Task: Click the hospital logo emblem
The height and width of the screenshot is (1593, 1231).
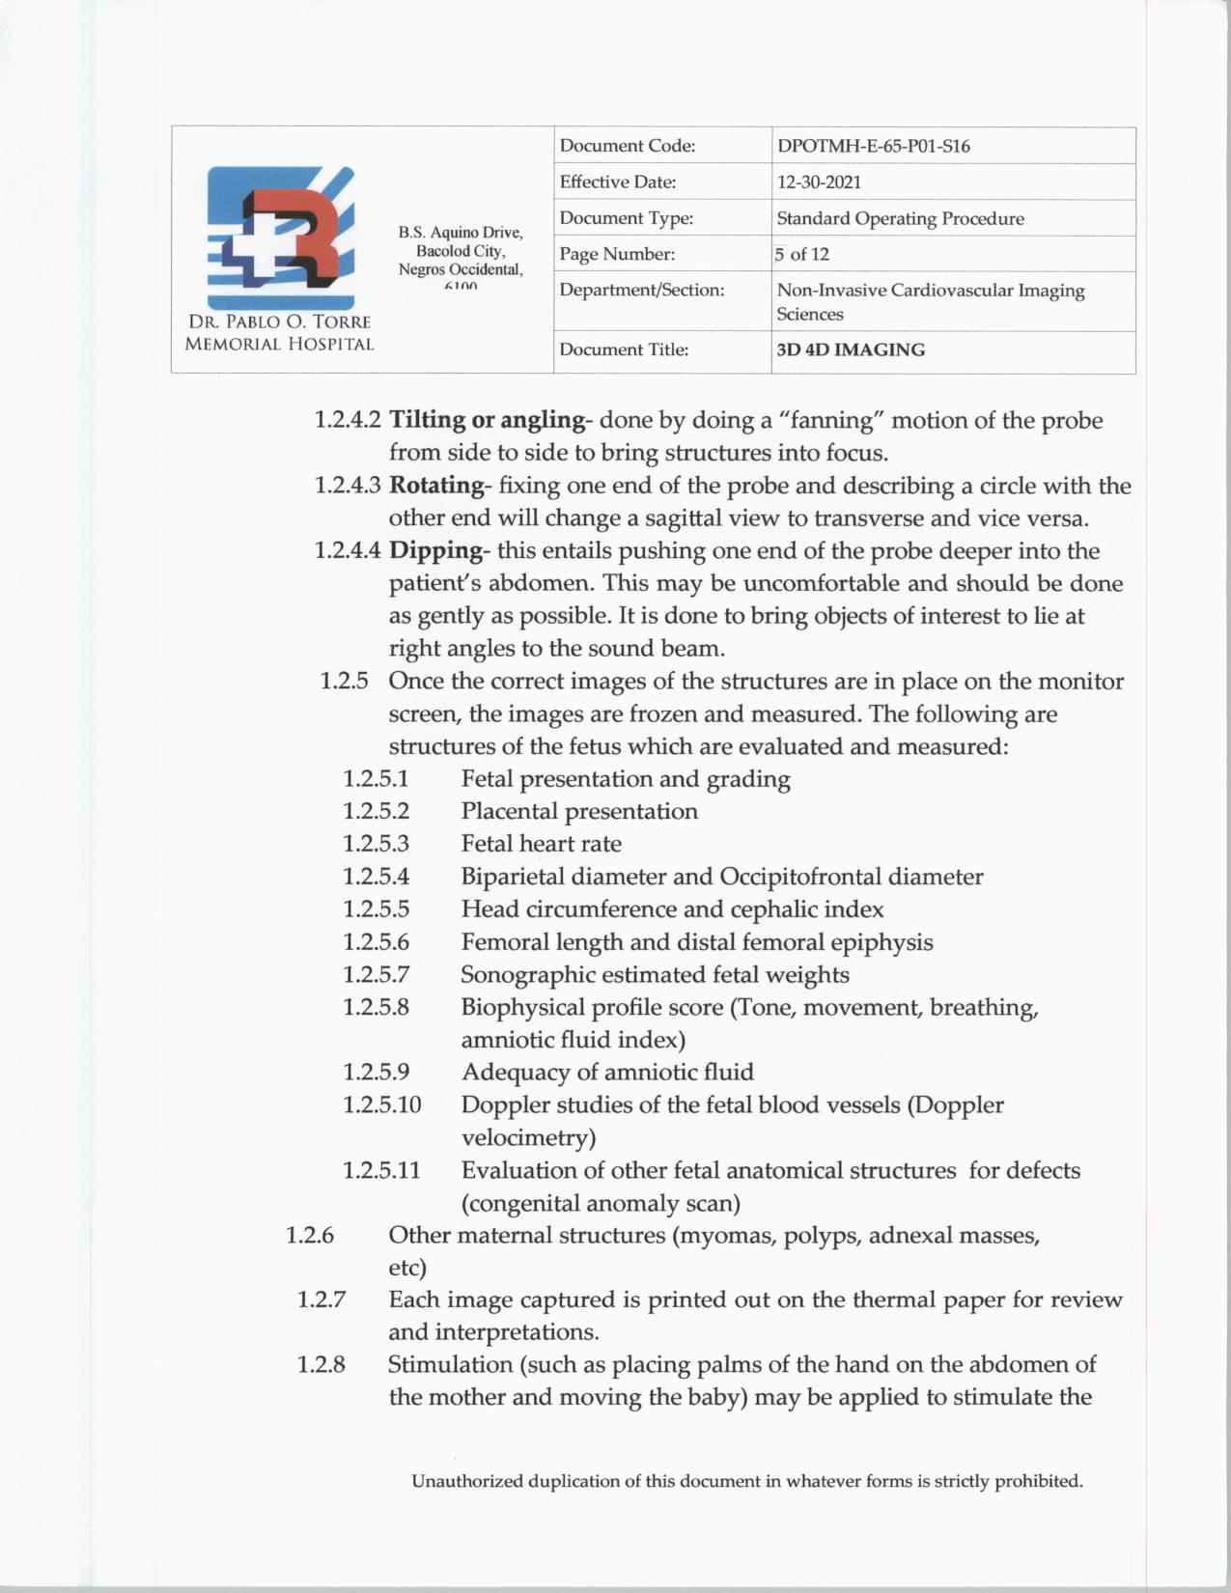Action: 280,238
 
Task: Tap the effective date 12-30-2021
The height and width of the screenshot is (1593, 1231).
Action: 819,182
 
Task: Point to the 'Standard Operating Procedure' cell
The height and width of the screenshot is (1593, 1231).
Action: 900,218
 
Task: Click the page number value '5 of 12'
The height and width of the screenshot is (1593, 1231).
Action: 802,254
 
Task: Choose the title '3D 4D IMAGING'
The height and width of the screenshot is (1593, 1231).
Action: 851,349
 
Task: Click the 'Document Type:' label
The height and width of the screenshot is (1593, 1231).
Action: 626,218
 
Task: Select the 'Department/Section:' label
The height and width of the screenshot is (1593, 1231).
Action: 641,290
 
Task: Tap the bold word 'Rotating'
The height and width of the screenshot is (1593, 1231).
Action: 435,485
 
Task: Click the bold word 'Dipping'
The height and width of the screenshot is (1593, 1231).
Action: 434,550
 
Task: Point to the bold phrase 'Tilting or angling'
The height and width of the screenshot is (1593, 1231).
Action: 487,420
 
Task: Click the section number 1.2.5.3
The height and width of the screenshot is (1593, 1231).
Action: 376,844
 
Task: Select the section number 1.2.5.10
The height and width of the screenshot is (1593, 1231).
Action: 381,1104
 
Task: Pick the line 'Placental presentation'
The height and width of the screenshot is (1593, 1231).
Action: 579,811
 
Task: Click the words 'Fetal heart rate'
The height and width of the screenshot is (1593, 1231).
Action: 541,844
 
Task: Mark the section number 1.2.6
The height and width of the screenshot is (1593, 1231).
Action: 310,1235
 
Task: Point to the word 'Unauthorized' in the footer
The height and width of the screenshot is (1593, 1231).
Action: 467,1481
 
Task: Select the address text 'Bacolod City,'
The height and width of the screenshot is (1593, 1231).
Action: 461,251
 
